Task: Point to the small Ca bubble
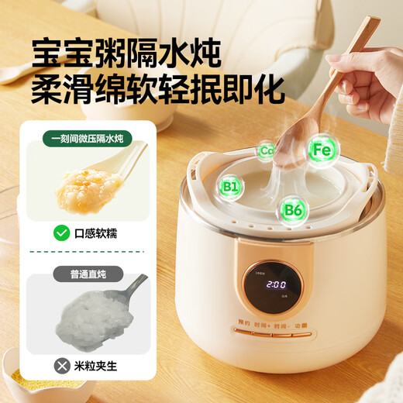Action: pos(267,150)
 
